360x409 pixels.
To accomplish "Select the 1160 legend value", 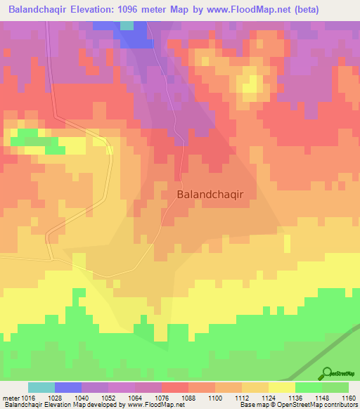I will coord(348,397).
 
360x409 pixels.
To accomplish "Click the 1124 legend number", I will coord(269,397).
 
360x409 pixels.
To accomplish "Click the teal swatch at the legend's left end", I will coord(41,387).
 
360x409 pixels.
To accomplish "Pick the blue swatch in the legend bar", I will coord(68,387).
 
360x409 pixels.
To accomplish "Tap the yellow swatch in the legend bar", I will coord(282,387).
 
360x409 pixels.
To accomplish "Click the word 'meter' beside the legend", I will coord(11,397).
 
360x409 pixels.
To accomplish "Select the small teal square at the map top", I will coord(127,25).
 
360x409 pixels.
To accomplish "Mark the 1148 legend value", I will coord(322,397).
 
